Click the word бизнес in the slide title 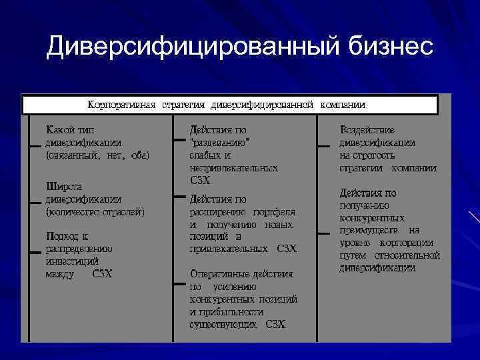pos(391,47)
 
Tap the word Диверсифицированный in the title pos(193,47)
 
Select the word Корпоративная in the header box pos(122,105)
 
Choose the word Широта pos(63,187)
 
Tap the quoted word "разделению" pos(221,143)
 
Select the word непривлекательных pos(233,168)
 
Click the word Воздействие pos(367,129)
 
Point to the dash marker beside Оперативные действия pos(178,284)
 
